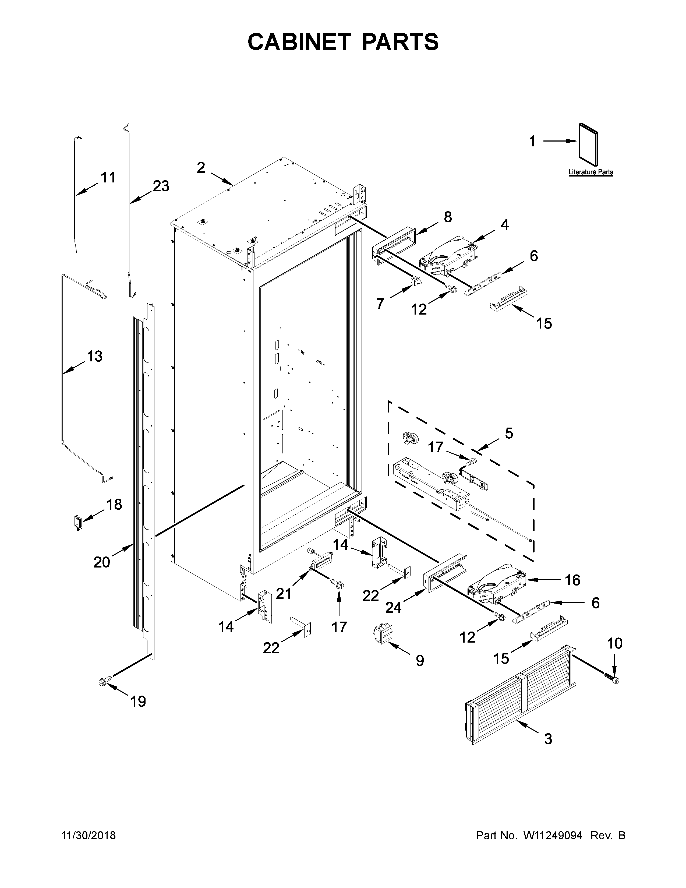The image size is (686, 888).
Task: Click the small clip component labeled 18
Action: coord(77,523)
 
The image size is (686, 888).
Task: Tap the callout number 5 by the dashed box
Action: coord(509,433)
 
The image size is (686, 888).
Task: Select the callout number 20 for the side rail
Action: coord(102,562)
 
